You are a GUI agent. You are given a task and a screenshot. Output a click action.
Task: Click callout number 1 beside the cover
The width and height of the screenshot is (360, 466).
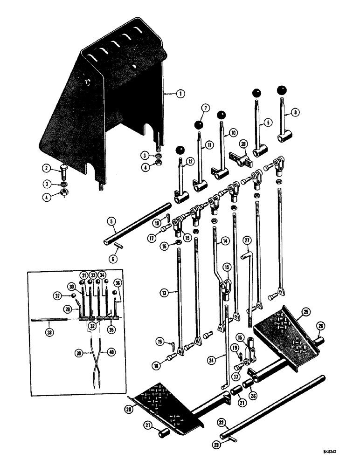point(180,94)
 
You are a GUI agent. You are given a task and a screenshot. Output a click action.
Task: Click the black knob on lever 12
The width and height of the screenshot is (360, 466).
point(180,150)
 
